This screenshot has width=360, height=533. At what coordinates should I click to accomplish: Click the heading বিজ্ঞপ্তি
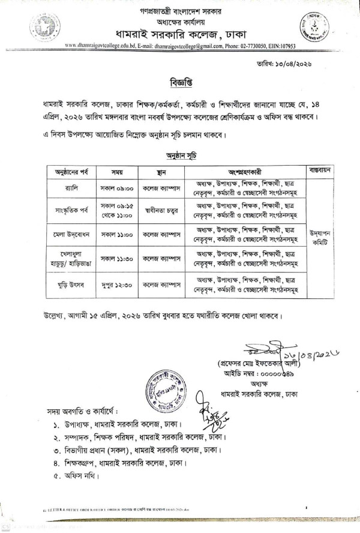click(181, 78)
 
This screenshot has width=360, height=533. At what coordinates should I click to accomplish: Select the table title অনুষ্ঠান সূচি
click(180, 155)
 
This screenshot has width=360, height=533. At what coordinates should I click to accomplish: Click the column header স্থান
click(157, 169)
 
